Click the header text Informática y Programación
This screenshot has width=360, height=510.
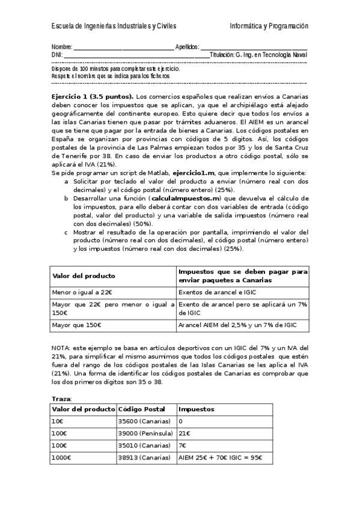pyautogui.click(x=269, y=26)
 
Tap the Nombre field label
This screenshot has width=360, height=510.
pyautogui.click(x=61, y=47)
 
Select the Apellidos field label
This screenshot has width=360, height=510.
pyautogui.click(x=186, y=47)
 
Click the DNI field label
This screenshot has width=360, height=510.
pyautogui.click(x=57, y=55)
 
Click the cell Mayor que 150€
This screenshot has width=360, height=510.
pyautogui.click(x=77, y=325)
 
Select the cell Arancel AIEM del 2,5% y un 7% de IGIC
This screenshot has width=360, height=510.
pyautogui.click(x=237, y=325)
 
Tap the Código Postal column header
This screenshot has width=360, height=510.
pyautogui.click(x=140, y=409)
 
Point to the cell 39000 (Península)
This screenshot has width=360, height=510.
pyautogui.click(x=146, y=433)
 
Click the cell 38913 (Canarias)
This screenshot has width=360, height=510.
pyautogui.click(x=145, y=457)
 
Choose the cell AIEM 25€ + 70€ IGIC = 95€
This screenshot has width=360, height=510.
pyautogui.click(x=221, y=457)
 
